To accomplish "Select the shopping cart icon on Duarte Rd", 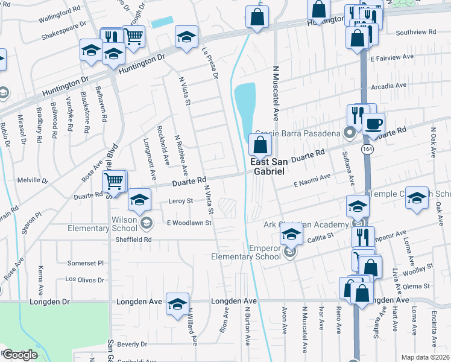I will click(x=114, y=180).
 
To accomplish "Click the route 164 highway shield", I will click(x=367, y=147).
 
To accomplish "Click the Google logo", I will click(x=19, y=354).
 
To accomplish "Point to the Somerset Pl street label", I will click(x=86, y=263).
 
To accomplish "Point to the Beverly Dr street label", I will click(x=132, y=345).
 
